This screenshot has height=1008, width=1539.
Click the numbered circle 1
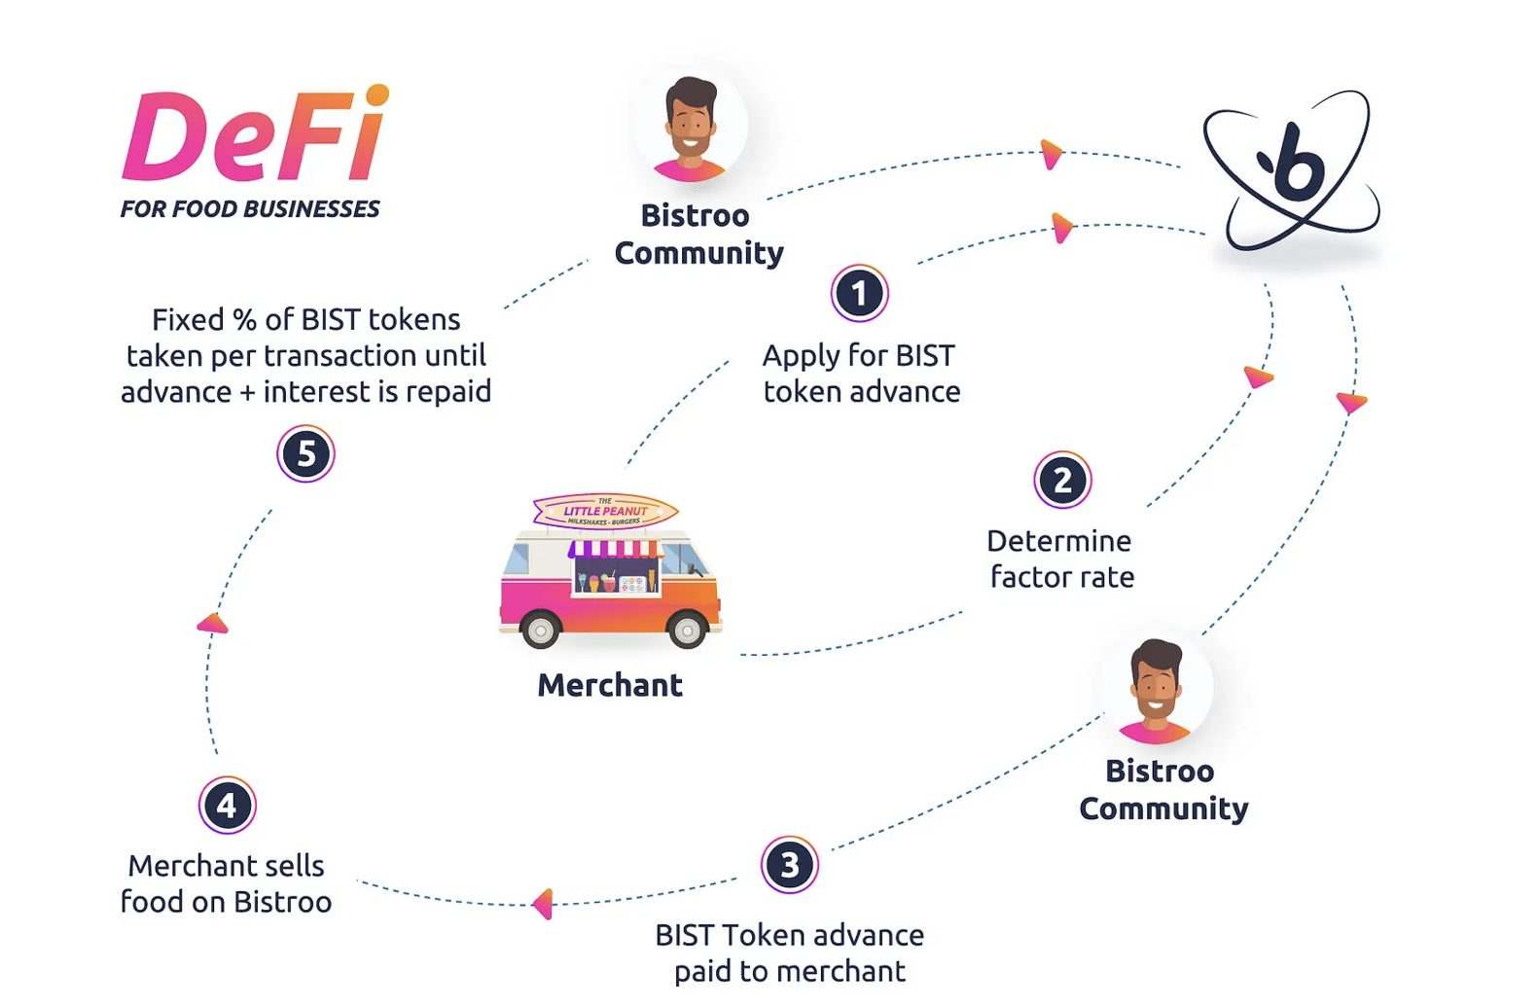[x=859, y=293]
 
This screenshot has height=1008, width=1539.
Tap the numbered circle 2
[x=1062, y=480]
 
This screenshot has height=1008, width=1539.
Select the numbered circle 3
[x=789, y=864]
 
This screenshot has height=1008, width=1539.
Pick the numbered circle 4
[x=227, y=805]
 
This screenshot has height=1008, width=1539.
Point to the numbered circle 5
[x=305, y=453]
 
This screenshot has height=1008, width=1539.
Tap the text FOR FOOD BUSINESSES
[x=250, y=209]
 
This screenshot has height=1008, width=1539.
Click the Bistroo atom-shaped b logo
[x=1292, y=171]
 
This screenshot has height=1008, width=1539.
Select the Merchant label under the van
[x=610, y=685]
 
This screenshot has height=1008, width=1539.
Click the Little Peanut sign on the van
[x=605, y=512]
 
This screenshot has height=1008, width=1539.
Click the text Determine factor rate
[x=1060, y=558]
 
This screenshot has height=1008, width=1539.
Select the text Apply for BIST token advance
[x=860, y=374]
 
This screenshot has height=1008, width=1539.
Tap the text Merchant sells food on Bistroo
[x=227, y=883]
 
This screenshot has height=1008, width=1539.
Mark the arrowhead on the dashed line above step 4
[x=212, y=624]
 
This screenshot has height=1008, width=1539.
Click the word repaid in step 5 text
[x=447, y=392]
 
